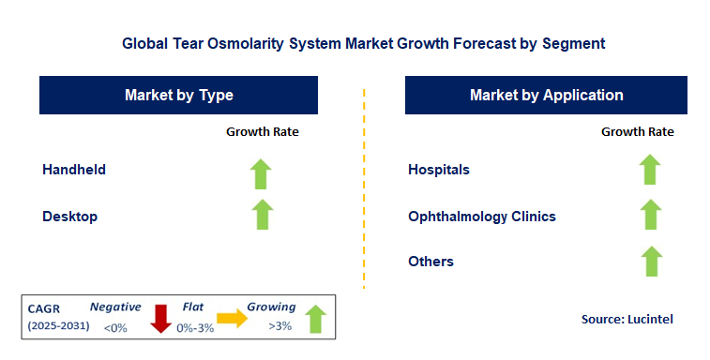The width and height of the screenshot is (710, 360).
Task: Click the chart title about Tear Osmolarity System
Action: pyautogui.click(x=363, y=43)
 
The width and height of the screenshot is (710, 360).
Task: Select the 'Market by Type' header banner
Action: pyautogui.click(x=178, y=96)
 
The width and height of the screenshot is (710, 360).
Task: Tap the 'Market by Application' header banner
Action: pyautogui.click(x=546, y=96)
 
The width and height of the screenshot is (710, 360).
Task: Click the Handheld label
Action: pyautogui.click(x=74, y=170)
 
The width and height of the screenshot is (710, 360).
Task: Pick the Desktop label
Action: pyautogui.click(x=70, y=217)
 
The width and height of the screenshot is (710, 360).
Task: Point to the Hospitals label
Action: pyautogui.click(x=439, y=170)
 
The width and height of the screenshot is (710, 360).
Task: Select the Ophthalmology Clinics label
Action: pyautogui.click(x=482, y=217)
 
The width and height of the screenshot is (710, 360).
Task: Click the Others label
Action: pyautogui.click(x=431, y=262)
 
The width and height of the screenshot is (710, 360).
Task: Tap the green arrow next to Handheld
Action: pyautogui.click(x=262, y=172)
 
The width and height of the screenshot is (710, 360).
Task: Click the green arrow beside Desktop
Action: pyautogui.click(x=262, y=215)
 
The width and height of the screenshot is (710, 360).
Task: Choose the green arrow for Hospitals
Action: pyautogui.click(x=649, y=170)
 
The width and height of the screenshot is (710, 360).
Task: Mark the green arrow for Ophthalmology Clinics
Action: pyautogui.click(x=649, y=215)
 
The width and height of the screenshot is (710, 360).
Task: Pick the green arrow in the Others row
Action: pyautogui.click(x=649, y=260)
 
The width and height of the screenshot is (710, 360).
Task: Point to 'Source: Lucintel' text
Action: pyautogui.click(x=627, y=320)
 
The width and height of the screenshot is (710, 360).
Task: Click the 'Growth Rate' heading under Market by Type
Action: pyautogui.click(x=262, y=132)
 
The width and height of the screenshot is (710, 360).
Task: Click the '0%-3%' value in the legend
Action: pyautogui.click(x=196, y=327)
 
